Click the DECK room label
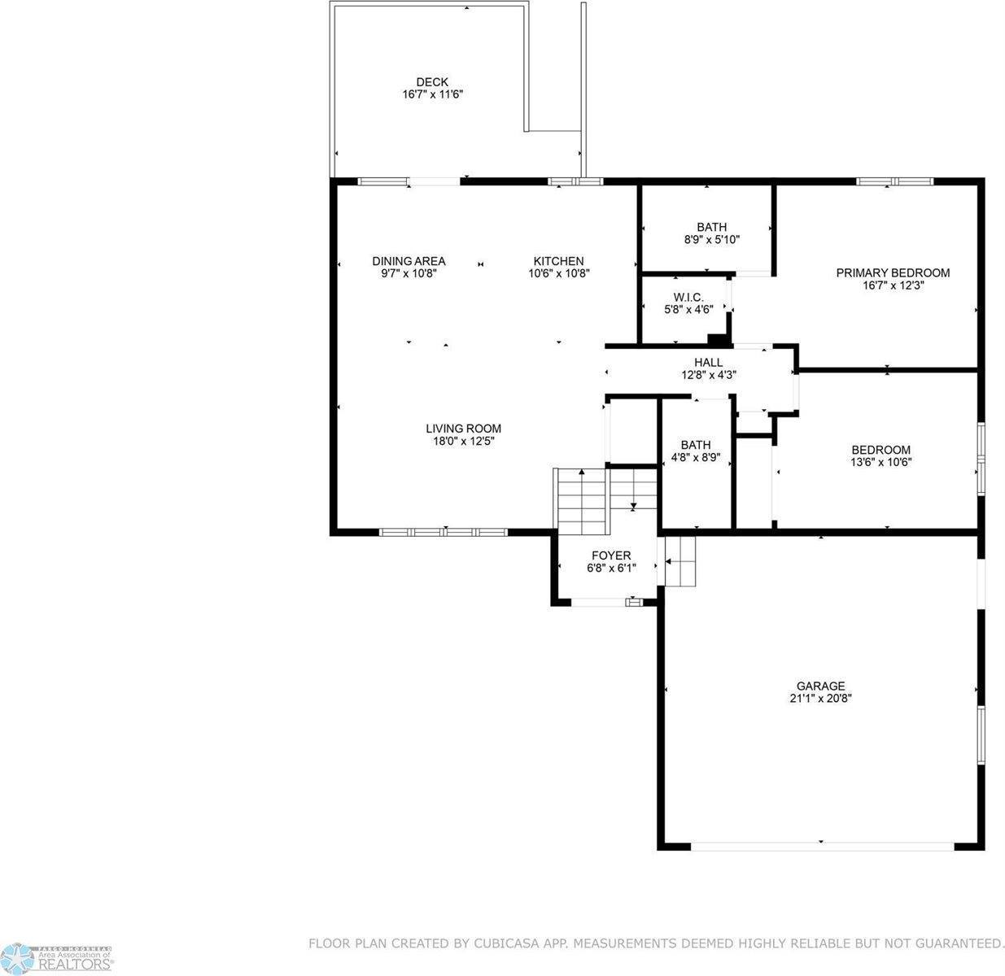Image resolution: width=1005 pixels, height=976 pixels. (432, 82)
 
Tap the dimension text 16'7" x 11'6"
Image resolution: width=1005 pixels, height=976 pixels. (433, 94)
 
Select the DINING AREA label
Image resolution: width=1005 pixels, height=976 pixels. (409, 261)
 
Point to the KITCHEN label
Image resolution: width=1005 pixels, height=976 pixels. (559, 261)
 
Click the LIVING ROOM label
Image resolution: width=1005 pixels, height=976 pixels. (463, 429)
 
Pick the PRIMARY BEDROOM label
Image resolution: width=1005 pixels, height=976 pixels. (893, 272)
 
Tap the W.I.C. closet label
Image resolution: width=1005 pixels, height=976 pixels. (688, 298)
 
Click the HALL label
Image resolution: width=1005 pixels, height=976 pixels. (709, 362)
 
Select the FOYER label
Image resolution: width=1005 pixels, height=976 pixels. (611, 556)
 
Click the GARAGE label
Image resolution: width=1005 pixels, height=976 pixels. (820, 686)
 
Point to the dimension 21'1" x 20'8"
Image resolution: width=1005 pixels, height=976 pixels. (820, 699)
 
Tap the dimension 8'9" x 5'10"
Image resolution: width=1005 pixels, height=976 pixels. (712, 239)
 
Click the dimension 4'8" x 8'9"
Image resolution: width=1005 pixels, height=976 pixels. (695, 457)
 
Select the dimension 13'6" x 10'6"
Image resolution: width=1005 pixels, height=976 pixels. (881, 462)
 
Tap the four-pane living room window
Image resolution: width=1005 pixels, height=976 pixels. (444, 532)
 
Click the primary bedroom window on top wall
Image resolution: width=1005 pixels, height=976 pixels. (894, 181)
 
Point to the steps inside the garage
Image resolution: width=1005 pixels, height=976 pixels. (679, 561)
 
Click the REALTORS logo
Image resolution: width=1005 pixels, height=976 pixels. (57, 957)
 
